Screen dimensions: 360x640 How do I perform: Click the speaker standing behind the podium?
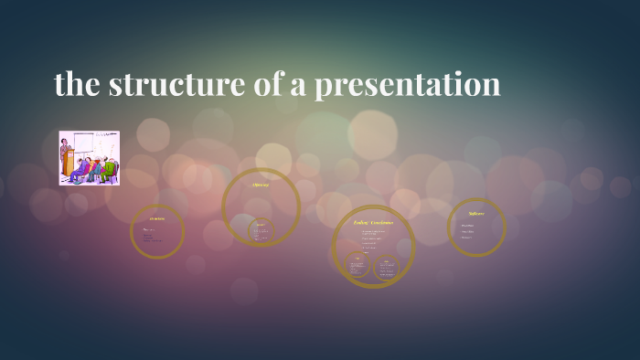(66, 145)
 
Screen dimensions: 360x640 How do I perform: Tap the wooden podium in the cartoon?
(67, 164)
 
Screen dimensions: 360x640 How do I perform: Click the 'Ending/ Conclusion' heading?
(373, 222)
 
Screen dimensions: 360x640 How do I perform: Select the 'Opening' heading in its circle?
(261, 185)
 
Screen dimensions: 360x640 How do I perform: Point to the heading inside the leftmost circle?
(157, 219)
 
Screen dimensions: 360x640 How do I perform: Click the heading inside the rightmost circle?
(476, 214)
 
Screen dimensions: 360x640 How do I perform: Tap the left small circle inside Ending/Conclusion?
(357, 264)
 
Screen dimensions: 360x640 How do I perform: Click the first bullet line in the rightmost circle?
(468, 225)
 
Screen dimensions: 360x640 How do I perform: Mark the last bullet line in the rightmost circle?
(467, 238)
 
